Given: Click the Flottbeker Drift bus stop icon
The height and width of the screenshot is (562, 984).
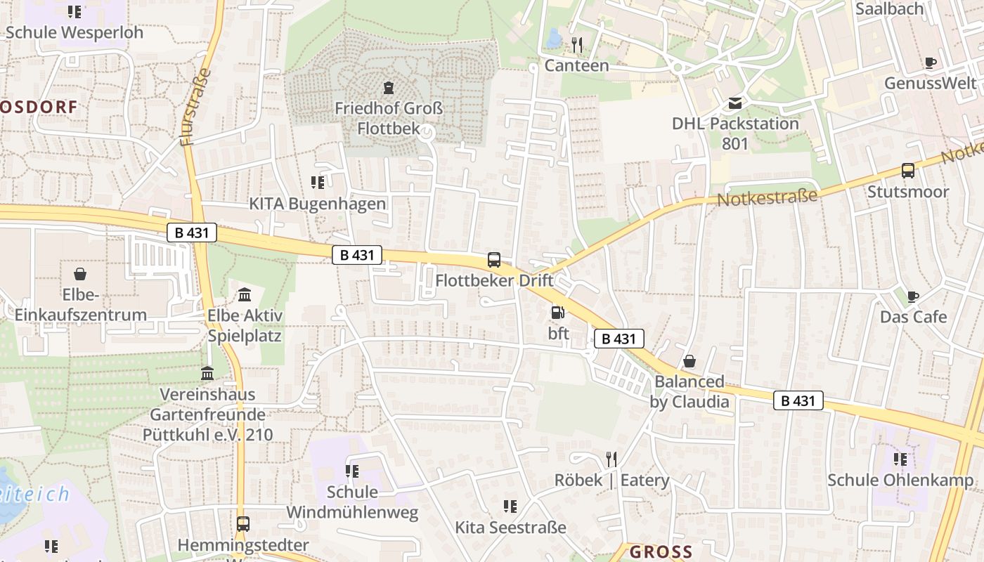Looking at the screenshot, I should coord(494,260).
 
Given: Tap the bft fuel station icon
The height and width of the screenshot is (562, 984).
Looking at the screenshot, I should coord(557,312).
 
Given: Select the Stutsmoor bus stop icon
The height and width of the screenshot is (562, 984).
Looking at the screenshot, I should coord(908,171).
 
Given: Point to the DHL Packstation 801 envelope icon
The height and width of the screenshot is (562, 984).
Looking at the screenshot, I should coord(735,103).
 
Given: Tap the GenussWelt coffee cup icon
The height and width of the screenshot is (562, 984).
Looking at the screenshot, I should coord(931,63).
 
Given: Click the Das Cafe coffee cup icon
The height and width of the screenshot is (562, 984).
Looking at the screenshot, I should coord(912,296).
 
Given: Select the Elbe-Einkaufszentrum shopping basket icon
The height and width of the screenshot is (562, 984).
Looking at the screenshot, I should coord(80,273).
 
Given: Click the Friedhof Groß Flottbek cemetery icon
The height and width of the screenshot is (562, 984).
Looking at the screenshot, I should coord(389,88).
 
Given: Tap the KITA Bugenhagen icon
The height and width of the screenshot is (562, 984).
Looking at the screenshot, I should coord(318,183).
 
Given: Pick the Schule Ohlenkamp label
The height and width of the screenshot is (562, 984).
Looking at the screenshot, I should coord(900,481).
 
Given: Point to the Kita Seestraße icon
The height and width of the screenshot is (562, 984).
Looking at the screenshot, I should coord(510,506).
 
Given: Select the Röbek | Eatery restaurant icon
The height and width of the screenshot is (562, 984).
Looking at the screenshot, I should coord(611,459).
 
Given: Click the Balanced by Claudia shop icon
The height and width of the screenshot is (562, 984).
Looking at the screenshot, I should coord(690,361).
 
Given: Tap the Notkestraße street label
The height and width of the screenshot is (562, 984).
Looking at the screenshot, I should coord(768,196).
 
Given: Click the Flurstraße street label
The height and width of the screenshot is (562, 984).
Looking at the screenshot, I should coord(196,107).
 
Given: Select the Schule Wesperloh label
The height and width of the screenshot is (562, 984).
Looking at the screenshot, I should coord(74,32).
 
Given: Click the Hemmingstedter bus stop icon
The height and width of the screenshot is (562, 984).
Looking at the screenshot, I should coord(242,524).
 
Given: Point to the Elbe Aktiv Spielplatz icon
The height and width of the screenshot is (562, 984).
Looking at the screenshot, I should coord(244,294).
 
